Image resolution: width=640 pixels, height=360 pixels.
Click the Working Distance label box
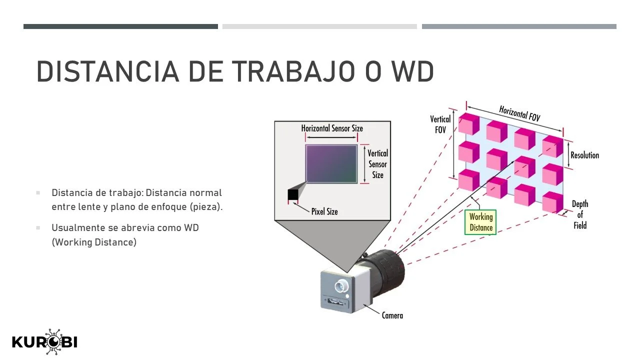tap(480, 222)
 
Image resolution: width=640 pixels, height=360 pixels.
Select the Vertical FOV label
tap(440, 124)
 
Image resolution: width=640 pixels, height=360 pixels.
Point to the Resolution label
tap(584, 155)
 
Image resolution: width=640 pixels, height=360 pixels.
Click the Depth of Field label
tap(580, 214)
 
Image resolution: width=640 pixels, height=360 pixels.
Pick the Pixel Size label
tap(324, 211)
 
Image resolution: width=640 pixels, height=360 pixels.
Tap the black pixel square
tap(292, 194)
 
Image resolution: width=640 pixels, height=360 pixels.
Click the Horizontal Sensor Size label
tap(332, 128)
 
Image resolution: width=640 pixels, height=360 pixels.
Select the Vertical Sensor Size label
tap(377, 164)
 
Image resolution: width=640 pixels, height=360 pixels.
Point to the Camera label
tap(392, 315)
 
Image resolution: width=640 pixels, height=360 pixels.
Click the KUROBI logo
tap(44, 342)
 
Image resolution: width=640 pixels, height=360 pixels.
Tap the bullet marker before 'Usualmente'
tap(38, 228)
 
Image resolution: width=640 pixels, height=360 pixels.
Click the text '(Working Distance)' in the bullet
tap(94, 242)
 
